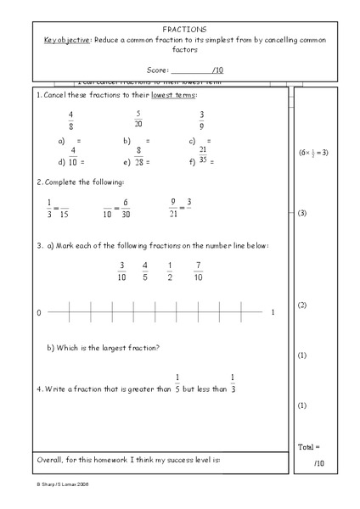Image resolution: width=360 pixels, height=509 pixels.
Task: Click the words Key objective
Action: tap(64, 40)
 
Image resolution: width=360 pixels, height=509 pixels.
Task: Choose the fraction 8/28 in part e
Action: tap(137, 155)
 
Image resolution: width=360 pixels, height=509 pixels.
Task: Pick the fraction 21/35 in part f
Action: tap(203, 155)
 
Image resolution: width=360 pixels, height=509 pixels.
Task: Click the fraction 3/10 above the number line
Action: tap(121, 271)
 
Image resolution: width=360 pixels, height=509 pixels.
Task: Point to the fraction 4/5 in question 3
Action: tap(145, 271)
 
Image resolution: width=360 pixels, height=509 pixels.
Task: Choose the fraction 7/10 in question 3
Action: tap(198, 271)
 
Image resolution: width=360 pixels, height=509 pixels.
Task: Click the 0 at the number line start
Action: tap(38, 313)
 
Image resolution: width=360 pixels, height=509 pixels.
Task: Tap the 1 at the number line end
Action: tap(273, 313)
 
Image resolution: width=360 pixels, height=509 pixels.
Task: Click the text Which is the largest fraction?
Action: tap(104, 348)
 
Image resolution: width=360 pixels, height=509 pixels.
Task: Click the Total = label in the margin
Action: tap(310, 446)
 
